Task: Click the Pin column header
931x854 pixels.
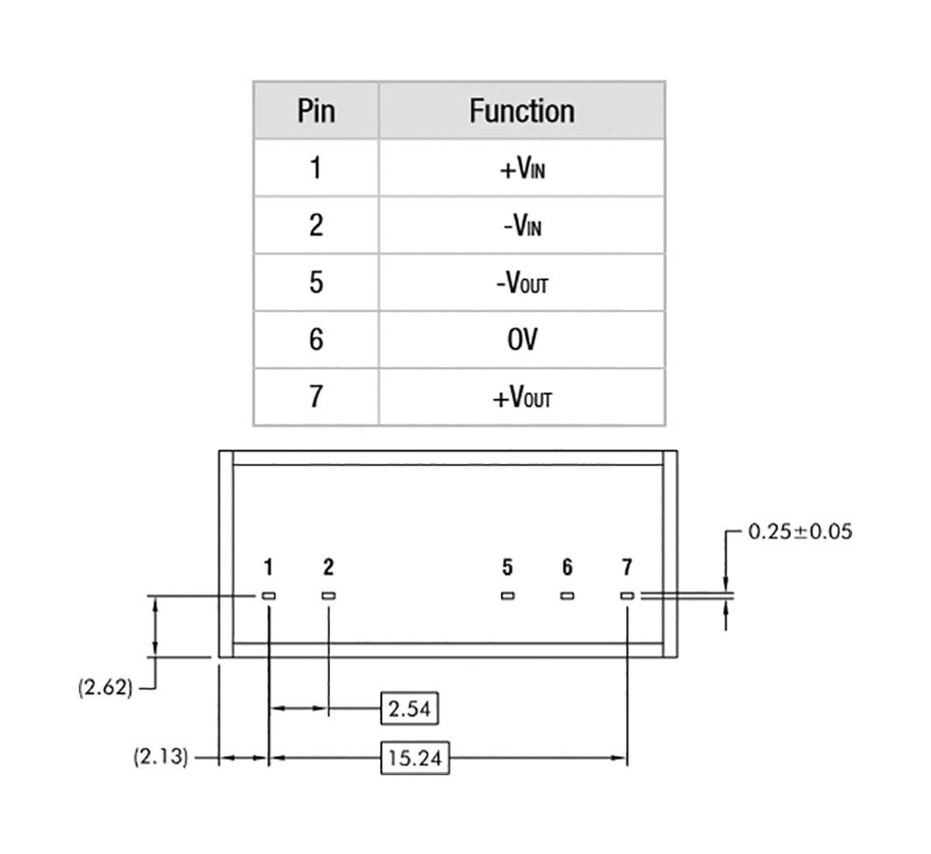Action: click(x=315, y=111)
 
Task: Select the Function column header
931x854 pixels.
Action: click(x=522, y=111)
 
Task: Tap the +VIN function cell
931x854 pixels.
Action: click(x=522, y=169)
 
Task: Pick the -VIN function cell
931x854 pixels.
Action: click(x=522, y=225)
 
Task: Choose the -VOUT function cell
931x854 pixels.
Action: click(x=522, y=283)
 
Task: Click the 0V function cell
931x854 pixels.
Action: click(x=522, y=340)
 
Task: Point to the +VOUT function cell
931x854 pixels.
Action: click(x=522, y=398)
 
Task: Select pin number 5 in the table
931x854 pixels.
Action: click(x=315, y=283)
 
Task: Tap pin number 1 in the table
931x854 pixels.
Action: click(x=315, y=169)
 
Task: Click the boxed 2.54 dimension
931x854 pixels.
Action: click(x=408, y=709)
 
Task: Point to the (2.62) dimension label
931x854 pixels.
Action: click(x=105, y=687)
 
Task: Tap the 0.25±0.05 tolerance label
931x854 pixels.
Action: click(x=800, y=531)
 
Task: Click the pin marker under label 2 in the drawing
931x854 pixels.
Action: click(x=328, y=596)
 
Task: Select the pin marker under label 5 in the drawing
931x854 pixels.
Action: click(x=507, y=596)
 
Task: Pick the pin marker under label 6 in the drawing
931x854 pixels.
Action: click(x=567, y=596)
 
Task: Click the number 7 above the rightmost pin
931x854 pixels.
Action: click(x=627, y=568)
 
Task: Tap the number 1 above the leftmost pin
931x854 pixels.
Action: click(x=268, y=568)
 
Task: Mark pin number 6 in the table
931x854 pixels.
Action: click(x=315, y=340)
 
